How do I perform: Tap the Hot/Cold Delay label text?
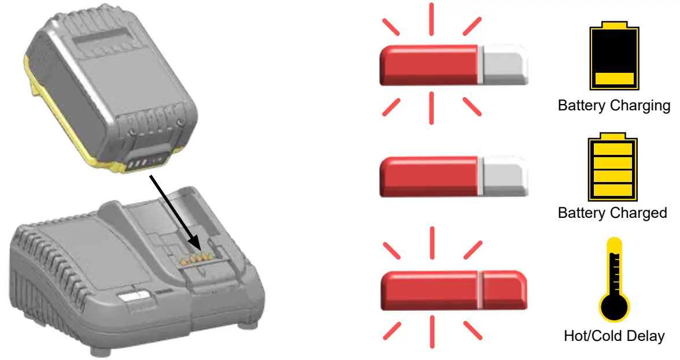point(614,336)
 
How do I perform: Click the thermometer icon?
point(614,280)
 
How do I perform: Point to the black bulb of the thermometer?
point(614,307)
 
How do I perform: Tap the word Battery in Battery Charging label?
point(579,106)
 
